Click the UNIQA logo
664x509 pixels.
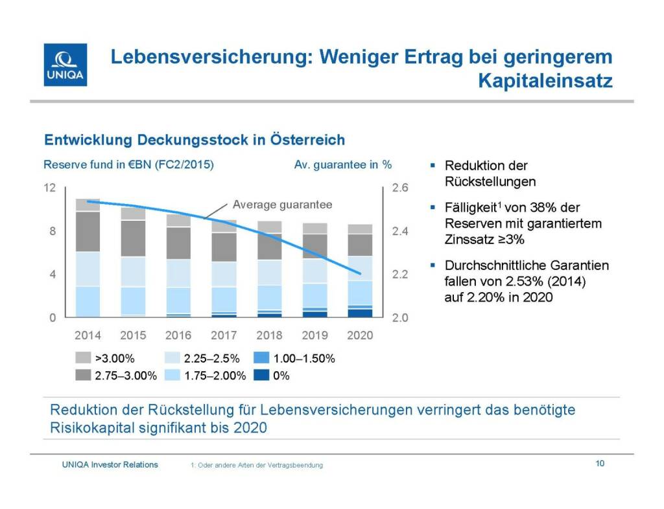65,65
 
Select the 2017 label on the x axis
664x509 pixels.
224,335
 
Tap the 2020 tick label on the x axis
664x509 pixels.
360,335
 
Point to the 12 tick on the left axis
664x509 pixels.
49,188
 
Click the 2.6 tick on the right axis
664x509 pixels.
401,188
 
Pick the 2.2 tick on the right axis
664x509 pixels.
401,275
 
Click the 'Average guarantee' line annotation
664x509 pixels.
282,205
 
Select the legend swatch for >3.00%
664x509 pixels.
84,358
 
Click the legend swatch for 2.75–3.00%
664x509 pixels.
84,375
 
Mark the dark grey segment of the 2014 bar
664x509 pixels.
88,231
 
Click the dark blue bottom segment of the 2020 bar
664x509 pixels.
360,313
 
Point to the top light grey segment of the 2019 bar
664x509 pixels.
314,228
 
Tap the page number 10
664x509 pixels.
600,464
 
